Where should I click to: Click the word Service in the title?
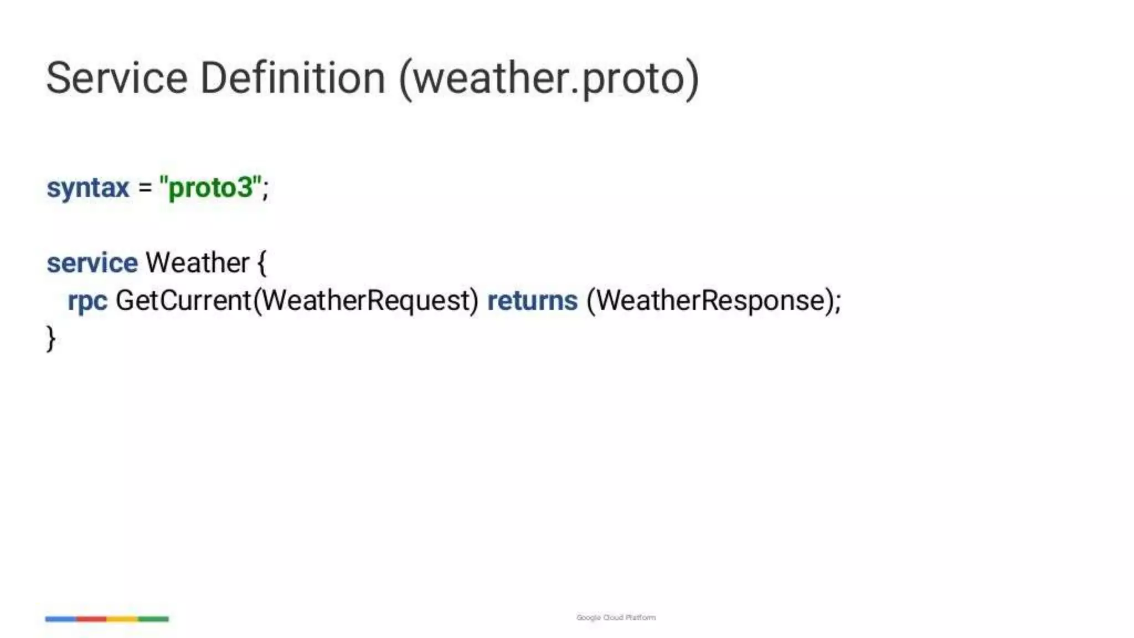(117, 78)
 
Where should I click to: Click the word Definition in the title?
(292, 78)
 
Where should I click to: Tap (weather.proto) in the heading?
(549, 79)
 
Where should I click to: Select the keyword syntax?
(87, 188)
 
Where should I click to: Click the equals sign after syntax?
(145, 188)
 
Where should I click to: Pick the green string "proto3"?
(210, 188)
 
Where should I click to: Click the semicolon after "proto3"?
(265, 189)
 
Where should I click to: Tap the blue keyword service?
(92, 263)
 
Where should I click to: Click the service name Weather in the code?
(197, 263)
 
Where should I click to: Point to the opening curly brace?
(262, 264)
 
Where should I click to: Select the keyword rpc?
(87, 301)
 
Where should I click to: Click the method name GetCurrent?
(183, 301)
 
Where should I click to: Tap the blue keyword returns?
(532, 301)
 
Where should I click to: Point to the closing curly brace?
(51, 338)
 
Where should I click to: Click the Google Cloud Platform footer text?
(616, 618)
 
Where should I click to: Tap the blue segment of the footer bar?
(60, 619)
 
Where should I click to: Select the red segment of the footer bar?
(91, 619)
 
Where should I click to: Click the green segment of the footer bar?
(153, 619)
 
